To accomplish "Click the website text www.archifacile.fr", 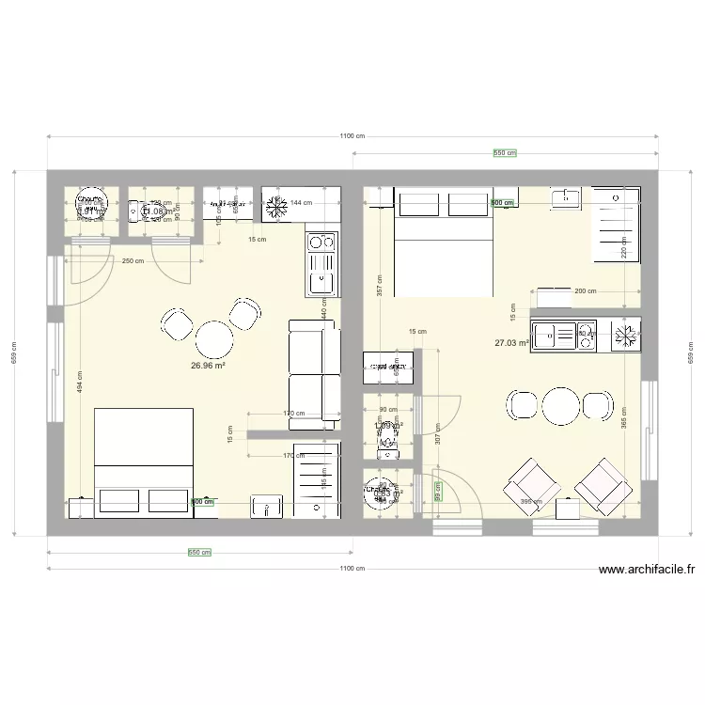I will point(646,570).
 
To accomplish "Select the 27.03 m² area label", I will point(512,344).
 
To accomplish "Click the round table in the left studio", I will point(214,337).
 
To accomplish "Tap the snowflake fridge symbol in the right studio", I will point(625,336).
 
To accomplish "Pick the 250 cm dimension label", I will point(133,261).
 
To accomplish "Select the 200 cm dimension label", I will point(585,291).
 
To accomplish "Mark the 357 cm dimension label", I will point(379,285).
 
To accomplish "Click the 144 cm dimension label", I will point(301,203).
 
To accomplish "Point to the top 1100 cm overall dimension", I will point(352,136).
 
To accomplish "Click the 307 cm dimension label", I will point(438,433).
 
